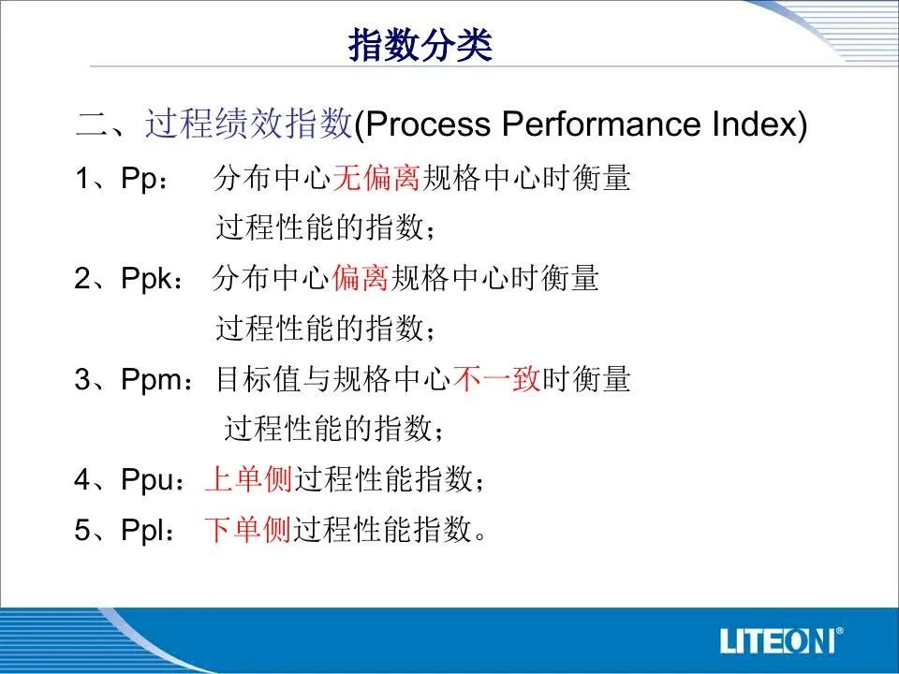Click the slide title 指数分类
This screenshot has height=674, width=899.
click(420, 45)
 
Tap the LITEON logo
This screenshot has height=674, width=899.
click(781, 640)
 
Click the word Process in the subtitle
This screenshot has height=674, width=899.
click(428, 124)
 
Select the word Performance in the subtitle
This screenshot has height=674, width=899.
click(602, 124)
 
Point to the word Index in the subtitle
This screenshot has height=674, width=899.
click(754, 124)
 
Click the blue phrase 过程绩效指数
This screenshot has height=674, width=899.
click(249, 123)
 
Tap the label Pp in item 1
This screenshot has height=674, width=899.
click(139, 178)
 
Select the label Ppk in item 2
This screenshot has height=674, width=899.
click(146, 279)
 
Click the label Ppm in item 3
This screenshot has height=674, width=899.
click(152, 379)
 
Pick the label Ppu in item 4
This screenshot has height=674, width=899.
click(147, 479)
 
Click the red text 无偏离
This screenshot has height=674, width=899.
click(376, 178)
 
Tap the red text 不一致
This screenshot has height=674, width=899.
click(496, 379)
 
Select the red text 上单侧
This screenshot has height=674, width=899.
click(249, 479)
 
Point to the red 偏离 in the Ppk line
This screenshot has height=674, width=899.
click(360, 278)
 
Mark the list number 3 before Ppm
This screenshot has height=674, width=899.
click(82, 379)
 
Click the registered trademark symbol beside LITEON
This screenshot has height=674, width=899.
click(840, 631)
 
